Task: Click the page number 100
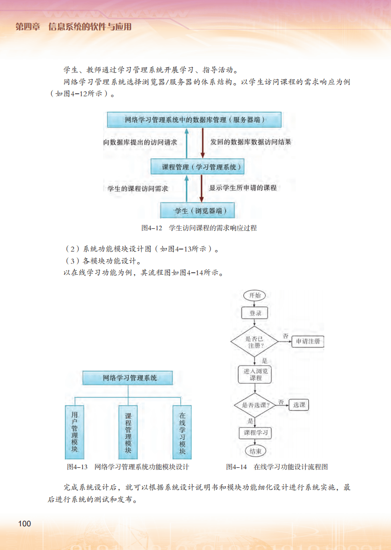(x=24, y=524)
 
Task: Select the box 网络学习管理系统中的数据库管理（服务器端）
(x=194, y=119)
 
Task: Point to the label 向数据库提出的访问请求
(x=140, y=143)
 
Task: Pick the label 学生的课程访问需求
(x=138, y=189)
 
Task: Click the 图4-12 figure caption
(x=199, y=228)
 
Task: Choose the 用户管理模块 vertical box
(x=75, y=432)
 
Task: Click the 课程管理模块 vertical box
(x=128, y=432)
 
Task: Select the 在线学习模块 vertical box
(x=182, y=432)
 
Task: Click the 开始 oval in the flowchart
(x=255, y=295)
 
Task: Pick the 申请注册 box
(x=308, y=342)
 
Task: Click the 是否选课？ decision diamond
(x=255, y=405)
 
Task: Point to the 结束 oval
(x=255, y=451)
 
